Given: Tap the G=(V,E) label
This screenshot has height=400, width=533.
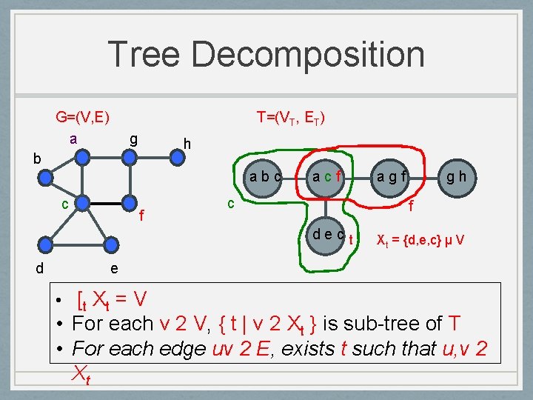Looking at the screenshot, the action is pos(83,117).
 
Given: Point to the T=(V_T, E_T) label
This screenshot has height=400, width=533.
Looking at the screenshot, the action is pos(291,118).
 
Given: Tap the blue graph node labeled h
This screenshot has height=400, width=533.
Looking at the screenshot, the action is pos(177,156).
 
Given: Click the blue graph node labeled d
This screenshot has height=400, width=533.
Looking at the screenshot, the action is pos(47,245).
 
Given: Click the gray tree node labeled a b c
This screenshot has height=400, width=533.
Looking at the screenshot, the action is pos(265,178).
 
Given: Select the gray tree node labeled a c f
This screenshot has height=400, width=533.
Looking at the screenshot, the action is pos(326,178).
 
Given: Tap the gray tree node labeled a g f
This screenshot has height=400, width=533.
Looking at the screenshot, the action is pos(391,178).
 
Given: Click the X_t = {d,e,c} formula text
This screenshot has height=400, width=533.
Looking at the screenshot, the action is pos(420,239).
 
